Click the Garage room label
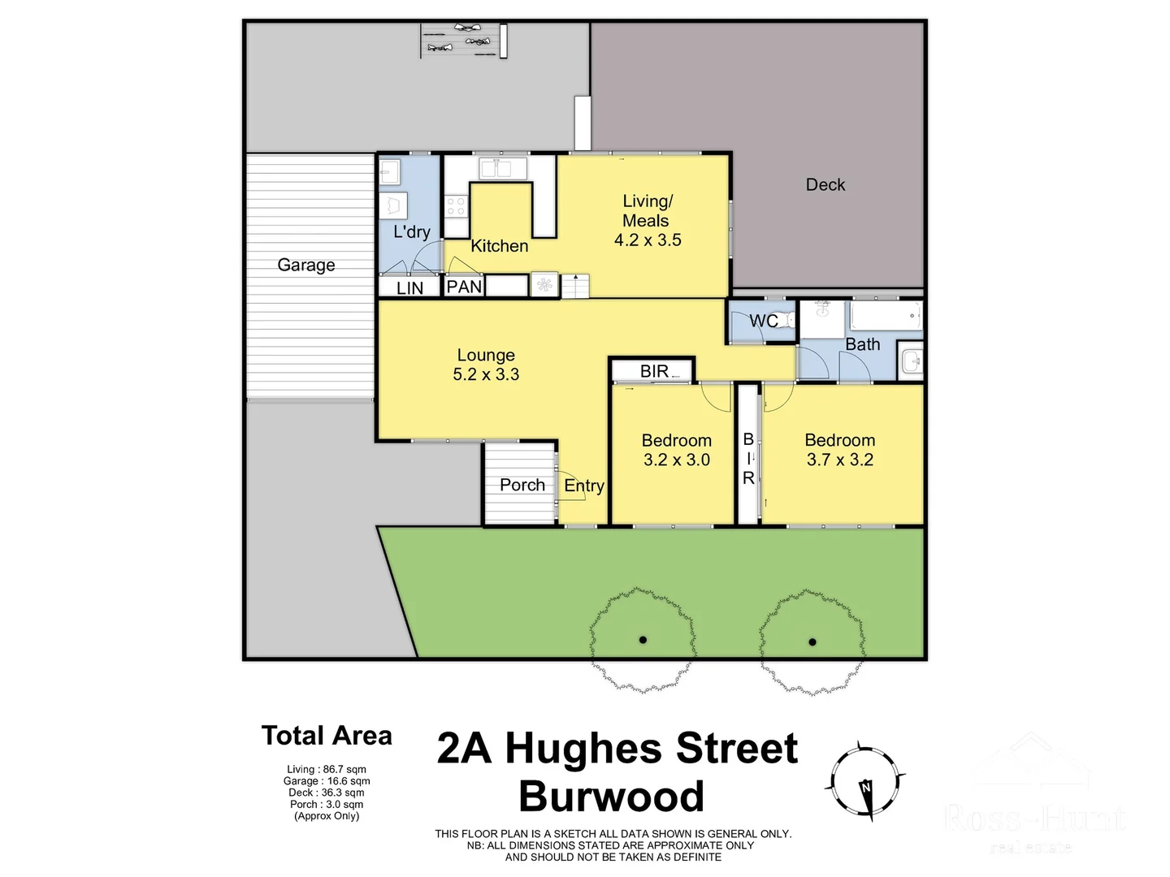305,265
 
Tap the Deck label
825,184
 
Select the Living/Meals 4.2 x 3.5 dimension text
648,240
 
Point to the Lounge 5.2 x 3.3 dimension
486,374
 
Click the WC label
763,321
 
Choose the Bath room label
862,344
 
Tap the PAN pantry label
464,287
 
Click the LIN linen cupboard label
409,288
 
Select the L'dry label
411,232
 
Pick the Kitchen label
499,246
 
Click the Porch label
522,485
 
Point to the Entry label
583,486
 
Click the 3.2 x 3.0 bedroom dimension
676,460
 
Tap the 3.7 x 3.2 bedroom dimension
839,460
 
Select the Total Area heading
327,736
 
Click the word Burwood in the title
611,797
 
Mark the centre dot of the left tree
643,640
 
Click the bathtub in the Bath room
885,315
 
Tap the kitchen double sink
503,168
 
